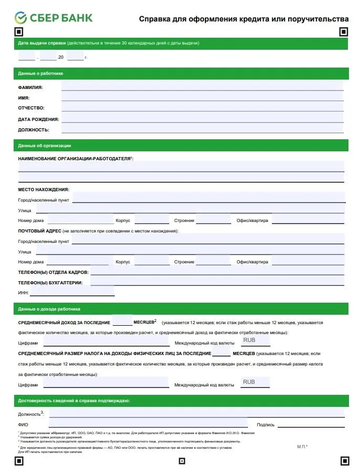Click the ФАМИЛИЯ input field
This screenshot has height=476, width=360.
(202, 86)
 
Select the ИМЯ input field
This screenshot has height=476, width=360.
(202, 97)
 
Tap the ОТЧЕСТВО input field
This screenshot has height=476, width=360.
(202, 107)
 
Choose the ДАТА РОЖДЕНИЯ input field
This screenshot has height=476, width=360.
(202, 118)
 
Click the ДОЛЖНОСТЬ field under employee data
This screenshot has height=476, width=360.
(202, 128)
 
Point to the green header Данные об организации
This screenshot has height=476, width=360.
(45, 146)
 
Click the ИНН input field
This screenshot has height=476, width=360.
(72, 292)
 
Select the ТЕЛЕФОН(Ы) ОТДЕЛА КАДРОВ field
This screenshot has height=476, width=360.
(217, 271)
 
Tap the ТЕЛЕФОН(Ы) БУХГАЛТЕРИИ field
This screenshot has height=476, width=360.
(217, 282)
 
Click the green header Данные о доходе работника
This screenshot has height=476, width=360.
(49, 309)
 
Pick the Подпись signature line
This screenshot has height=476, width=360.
(311, 424)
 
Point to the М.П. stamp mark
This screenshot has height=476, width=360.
(302, 447)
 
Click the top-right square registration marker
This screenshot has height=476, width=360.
(343, 32)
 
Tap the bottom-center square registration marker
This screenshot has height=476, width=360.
(182, 461)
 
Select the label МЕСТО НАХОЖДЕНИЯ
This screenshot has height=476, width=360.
(43, 190)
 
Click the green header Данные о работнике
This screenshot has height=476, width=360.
(40, 73)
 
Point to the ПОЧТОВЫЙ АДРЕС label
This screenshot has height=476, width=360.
(40, 231)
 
